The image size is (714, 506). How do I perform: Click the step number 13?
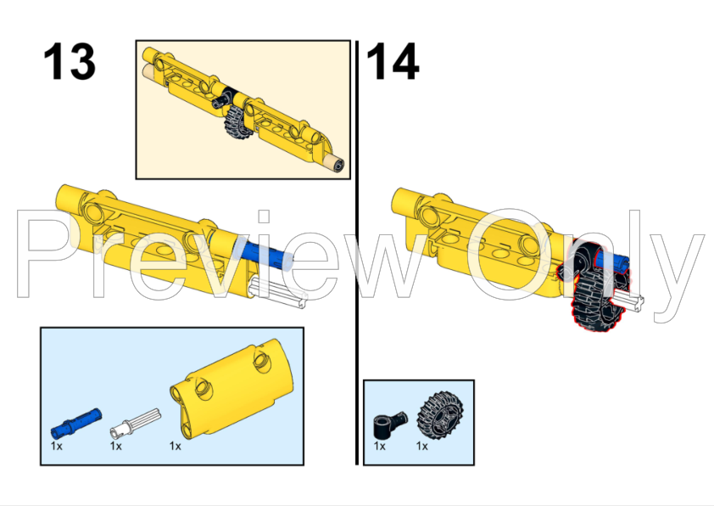tap(70, 63)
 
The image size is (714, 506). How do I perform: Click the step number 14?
tap(393, 63)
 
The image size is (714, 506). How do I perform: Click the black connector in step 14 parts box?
tap(391, 419)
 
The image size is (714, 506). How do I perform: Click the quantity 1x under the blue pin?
tap(56, 445)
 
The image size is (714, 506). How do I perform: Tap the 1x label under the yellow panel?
tap(176, 445)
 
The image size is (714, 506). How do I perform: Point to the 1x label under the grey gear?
tap(421, 445)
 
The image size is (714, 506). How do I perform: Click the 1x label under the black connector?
tap(379, 445)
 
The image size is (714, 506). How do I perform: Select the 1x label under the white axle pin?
tap(116, 445)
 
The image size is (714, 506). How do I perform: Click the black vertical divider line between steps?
tap(357, 255)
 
